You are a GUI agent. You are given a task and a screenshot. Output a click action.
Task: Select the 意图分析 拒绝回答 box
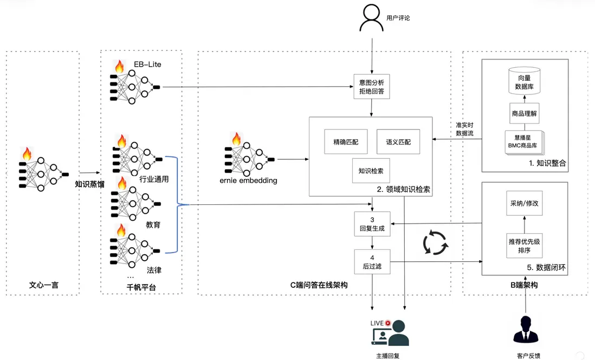(371, 88)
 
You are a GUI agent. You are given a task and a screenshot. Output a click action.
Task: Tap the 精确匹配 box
(345, 142)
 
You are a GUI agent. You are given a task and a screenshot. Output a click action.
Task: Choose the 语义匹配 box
(398, 142)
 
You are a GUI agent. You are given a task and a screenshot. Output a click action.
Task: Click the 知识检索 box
(371, 171)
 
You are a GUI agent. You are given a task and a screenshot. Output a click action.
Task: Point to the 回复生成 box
(372, 224)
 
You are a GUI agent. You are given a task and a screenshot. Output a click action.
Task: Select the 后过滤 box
(372, 262)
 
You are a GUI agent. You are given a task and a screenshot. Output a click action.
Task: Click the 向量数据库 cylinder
(524, 82)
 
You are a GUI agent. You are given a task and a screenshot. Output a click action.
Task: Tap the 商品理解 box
(524, 114)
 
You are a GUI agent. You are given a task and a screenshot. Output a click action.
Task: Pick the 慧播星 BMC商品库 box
(523, 142)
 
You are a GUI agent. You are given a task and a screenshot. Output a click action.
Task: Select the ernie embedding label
(248, 181)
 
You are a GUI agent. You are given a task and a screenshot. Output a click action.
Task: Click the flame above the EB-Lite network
(119, 67)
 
